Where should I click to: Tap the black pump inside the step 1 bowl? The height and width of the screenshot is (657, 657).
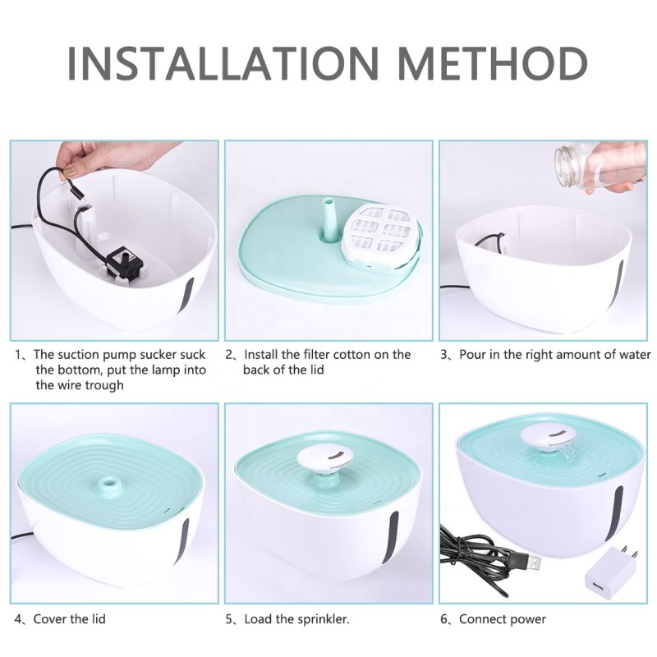tap(125, 262)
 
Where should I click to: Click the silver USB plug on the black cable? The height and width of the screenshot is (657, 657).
tap(531, 564)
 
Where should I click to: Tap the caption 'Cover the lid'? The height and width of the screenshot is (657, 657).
tap(69, 618)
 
